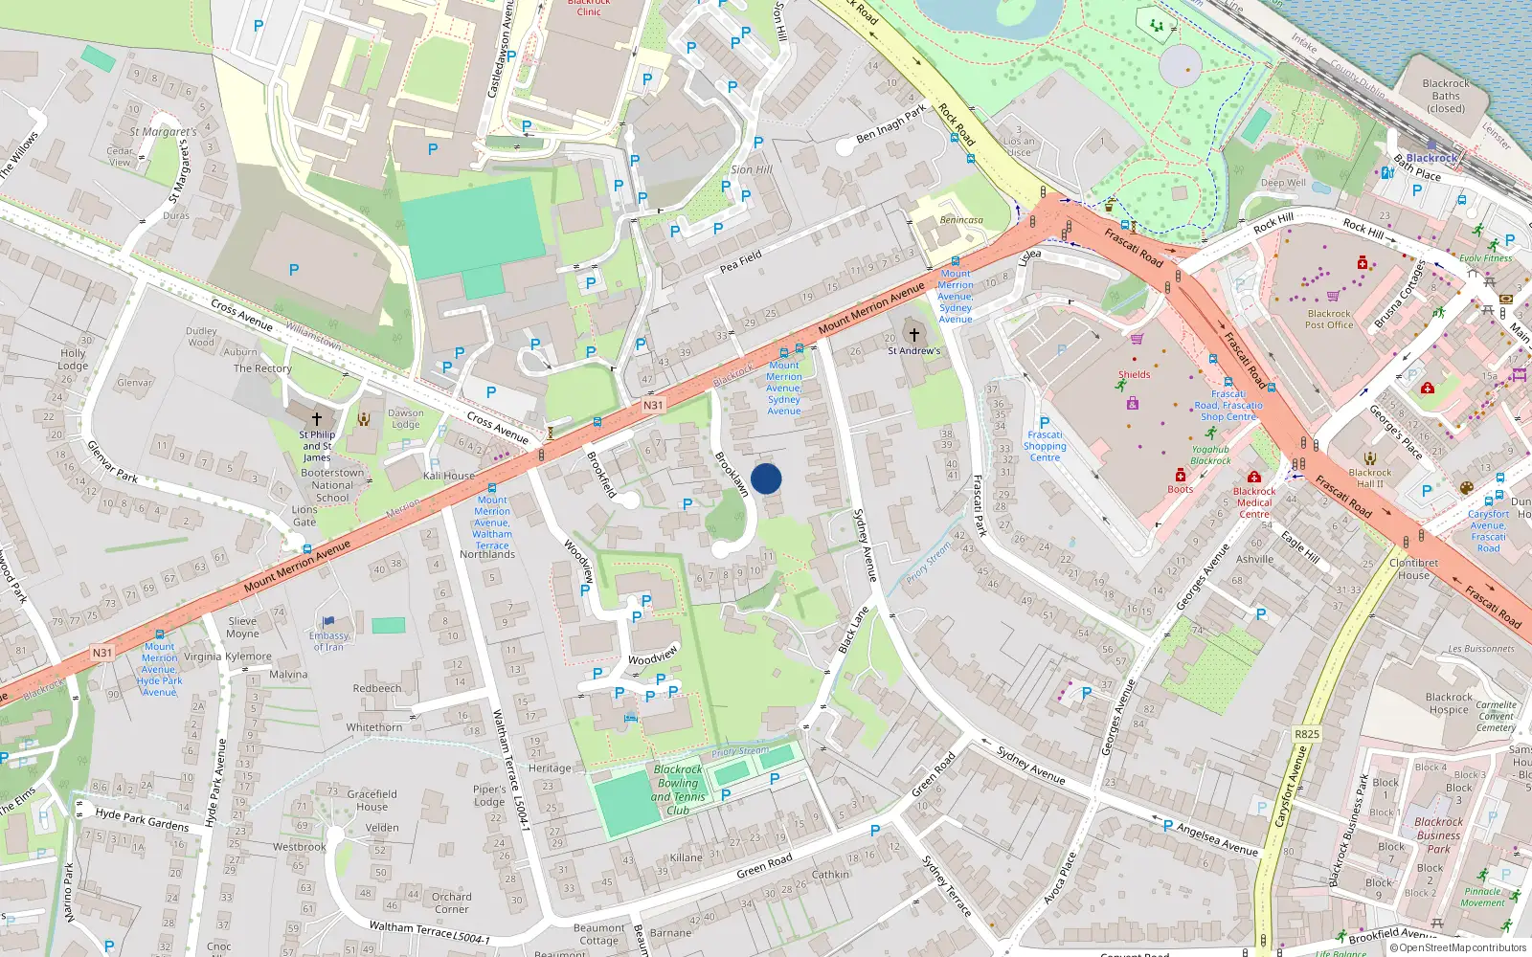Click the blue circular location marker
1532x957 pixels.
[x=766, y=478]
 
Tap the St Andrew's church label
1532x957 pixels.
[x=913, y=351]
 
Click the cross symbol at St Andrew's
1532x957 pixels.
[x=913, y=335]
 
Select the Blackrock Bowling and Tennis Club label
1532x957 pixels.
[x=678, y=790]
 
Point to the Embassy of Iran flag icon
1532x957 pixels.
[x=328, y=622]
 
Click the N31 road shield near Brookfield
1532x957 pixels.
[x=652, y=405]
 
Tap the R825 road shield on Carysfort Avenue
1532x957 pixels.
[x=1307, y=734]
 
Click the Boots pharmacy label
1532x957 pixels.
[x=1181, y=489]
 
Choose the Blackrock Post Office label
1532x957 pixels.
[x=1329, y=319]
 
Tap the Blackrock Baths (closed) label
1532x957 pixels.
[x=1446, y=96]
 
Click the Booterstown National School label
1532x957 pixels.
[x=332, y=485]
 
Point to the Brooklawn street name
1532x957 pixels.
[x=732, y=474]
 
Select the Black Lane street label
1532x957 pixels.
[x=853, y=631]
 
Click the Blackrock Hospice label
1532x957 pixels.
[x=1449, y=703]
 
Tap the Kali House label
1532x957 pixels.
[x=449, y=476]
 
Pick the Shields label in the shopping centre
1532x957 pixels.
[x=1134, y=375]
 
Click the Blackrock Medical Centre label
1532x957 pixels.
[x=1254, y=502]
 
